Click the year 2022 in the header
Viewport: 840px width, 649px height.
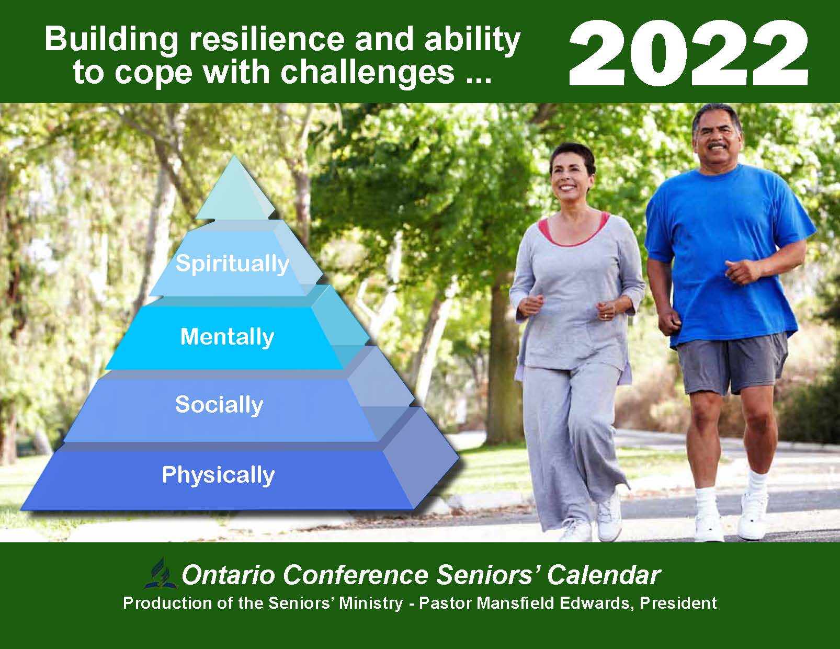688,53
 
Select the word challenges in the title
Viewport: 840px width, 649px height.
367,72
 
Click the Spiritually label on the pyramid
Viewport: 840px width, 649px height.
232,264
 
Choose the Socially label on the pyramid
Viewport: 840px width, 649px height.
219,405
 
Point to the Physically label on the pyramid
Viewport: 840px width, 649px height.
219,475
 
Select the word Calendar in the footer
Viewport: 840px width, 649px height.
604,575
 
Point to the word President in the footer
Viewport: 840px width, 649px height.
678,603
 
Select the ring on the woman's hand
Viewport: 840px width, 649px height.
605,316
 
